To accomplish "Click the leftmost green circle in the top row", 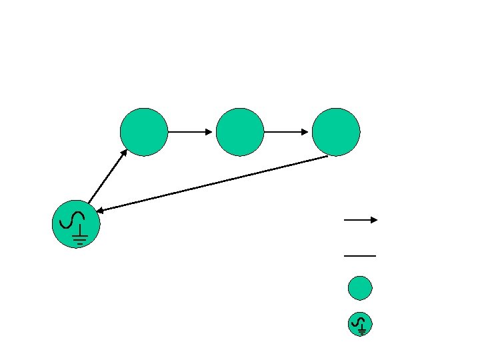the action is click(144, 132).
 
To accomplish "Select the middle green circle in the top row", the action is click(240, 132).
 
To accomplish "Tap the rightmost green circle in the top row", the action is click(336, 132).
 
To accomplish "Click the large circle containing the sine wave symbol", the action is click(76, 224).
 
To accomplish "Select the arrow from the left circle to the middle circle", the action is click(191, 132).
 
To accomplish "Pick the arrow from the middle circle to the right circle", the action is click(287, 132).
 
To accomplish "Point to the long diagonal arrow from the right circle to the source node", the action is click(213, 184).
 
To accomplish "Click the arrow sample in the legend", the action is click(360, 219).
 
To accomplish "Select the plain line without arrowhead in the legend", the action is click(360, 255).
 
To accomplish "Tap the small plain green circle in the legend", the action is click(360, 288).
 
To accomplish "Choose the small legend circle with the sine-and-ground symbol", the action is click(360, 324).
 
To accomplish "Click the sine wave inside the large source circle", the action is click(71, 219).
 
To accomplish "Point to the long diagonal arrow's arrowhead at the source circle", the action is click(99, 211).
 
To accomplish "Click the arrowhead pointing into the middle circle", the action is click(209, 132).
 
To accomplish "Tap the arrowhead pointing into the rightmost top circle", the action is click(305, 132).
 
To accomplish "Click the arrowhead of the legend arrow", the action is click(375, 219).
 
